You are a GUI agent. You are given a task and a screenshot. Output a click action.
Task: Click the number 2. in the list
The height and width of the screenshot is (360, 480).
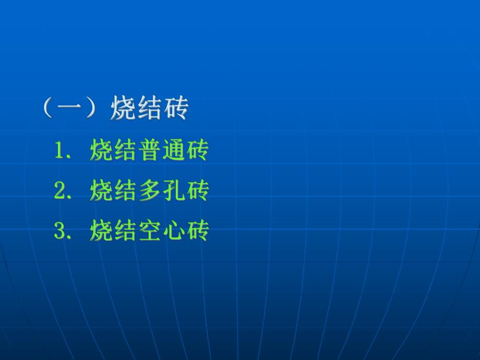click(x=63, y=191)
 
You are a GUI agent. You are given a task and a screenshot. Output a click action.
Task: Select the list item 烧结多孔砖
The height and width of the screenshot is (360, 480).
click(x=149, y=191)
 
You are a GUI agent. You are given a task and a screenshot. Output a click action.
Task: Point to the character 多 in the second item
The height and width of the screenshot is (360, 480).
click(x=149, y=191)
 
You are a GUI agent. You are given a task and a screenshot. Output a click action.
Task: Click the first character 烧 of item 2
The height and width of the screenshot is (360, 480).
click(x=101, y=191)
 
